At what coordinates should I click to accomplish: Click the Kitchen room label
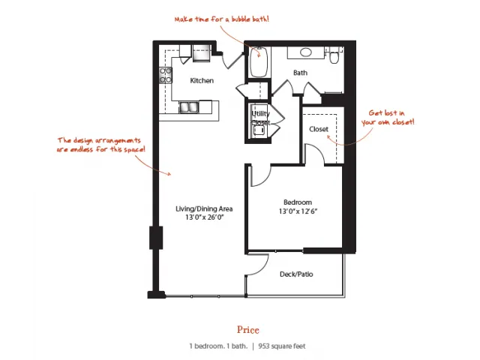tap(202, 80)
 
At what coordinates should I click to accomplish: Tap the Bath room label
tap(300, 73)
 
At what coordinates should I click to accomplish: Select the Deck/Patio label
tap(296, 274)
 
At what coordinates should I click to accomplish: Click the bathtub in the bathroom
tap(259, 61)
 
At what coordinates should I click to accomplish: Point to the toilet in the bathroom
tap(334, 55)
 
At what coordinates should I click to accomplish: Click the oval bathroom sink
tap(305, 52)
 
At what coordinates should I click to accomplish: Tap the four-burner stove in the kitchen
tap(165, 75)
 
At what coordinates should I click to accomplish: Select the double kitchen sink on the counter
tap(189, 107)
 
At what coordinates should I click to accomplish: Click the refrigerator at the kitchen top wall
tap(202, 53)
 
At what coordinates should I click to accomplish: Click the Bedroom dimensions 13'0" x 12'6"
tap(298, 211)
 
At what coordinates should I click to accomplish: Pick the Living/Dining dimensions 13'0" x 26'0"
tap(205, 217)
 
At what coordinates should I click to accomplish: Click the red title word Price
tap(248, 330)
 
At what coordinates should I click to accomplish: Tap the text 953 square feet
tap(282, 346)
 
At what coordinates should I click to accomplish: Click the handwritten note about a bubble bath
tap(222, 19)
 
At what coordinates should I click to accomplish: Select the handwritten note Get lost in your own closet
tap(388, 118)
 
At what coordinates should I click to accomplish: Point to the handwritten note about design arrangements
tap(100, 145)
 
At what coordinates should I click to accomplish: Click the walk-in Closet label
tap(319, 129)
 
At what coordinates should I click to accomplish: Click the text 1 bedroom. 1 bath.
tap(218, 346)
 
